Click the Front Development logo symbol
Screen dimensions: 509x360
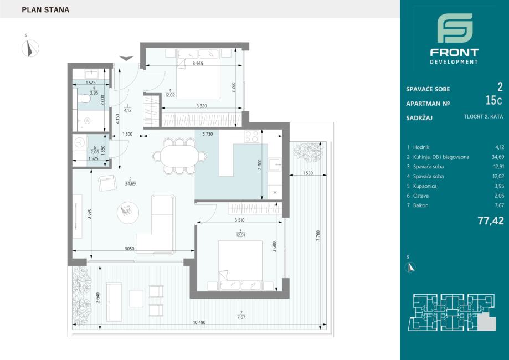coord(454,28)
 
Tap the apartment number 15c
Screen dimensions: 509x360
coord(491,101)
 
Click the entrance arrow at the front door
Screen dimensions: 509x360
coord(126,58)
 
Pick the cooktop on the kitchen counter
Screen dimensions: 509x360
coord(252,137)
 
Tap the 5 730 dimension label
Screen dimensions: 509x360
coord(208,135)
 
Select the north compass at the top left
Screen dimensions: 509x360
coord(29,49)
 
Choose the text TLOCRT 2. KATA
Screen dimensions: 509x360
coord(483,117)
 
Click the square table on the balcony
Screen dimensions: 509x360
coord(136,298)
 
